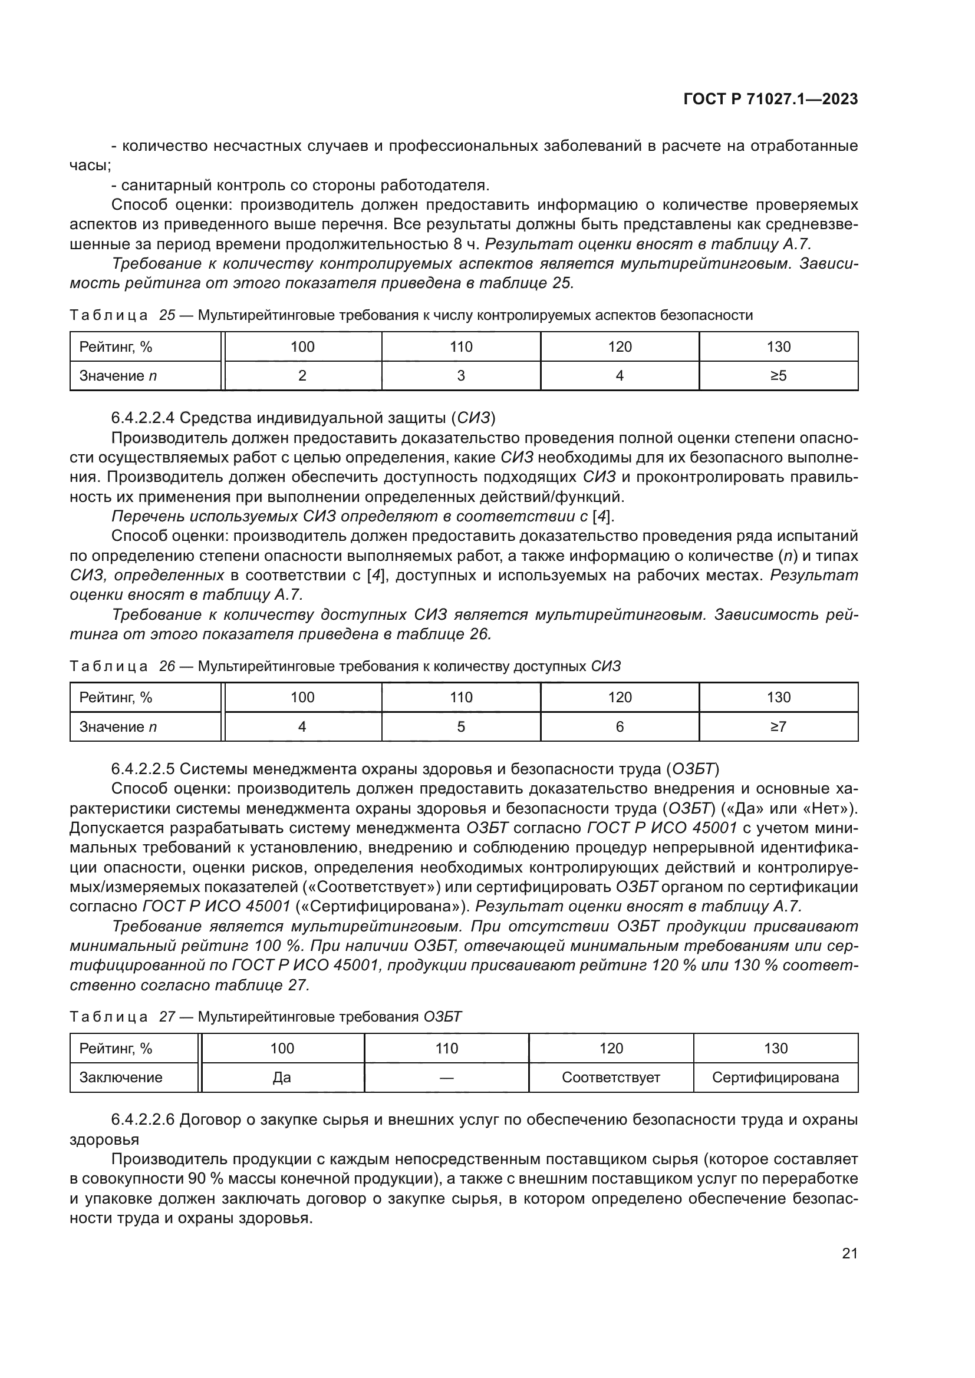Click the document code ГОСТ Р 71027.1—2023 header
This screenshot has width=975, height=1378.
point(770,100)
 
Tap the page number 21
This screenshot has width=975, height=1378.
point(849,1253)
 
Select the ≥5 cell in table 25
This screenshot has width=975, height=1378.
point(778,376)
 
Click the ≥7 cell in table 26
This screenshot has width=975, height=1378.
point(778,727)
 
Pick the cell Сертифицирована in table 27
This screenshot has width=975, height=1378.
point(775,1078)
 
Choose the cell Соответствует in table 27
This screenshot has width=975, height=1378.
point(611,1078)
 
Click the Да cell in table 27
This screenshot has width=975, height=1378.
point(282,1078)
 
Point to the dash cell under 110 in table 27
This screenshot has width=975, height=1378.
point(446,1078)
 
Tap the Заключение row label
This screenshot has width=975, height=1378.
point(121,1078)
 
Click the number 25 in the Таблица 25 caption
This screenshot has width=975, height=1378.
point(167,316)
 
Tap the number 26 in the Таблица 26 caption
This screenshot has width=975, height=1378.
point(167,666)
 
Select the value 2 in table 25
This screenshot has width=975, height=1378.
point(302,376)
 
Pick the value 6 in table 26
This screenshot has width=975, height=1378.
point(620,727)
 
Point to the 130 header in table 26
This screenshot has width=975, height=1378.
point(778,698)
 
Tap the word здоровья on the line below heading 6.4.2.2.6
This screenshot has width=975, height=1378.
point(104,1140)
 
